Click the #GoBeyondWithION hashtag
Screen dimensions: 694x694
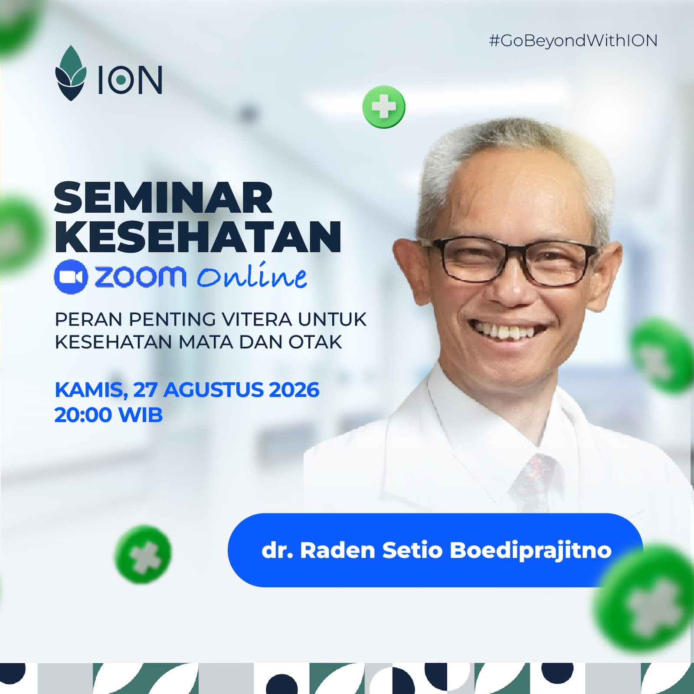point(573,41)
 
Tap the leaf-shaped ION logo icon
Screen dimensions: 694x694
point(71,73)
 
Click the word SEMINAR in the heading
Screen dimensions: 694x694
point(164,198)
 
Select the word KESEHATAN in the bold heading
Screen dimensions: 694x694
point(198,237)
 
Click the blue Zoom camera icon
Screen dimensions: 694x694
point(71,276)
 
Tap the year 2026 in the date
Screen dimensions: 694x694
point(294,390)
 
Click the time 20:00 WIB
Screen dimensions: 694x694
point(108,415)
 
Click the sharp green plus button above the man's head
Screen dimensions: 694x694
point(384,107)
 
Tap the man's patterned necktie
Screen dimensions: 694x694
point(534,482)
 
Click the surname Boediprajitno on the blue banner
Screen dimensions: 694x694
point(530,550)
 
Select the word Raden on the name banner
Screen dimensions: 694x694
point(337,550)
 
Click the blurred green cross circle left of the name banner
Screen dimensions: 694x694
point(143,554)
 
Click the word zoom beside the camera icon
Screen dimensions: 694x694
point(141,276)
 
